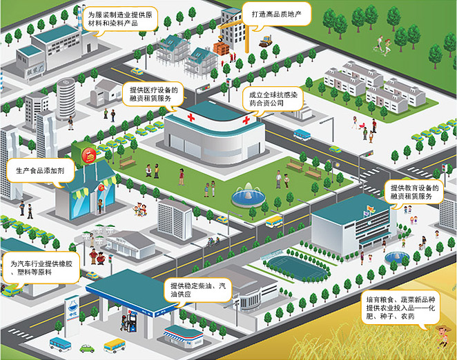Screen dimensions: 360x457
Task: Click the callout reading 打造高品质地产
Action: tap(279, 13)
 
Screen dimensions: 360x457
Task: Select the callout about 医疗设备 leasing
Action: tap(154, 94)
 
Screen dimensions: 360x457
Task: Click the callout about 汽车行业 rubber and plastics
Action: tap(39, 268)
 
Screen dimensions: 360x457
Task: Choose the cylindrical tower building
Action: tap(66, 98)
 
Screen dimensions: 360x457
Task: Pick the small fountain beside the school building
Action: tap(394, 258)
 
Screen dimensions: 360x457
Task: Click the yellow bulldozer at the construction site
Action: tap(264, 43)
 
